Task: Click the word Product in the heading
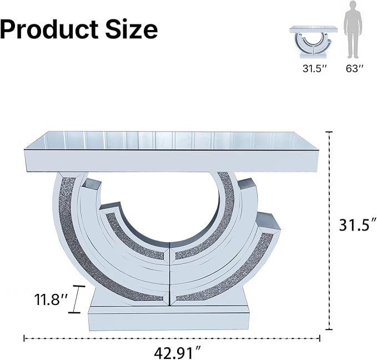click(x=49, y=29)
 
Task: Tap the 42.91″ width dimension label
click(x=178, y=353)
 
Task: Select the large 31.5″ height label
click(x=358, y=225)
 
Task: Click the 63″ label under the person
click(x=354, y=68)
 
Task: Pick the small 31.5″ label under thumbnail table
click(x=315, y=68)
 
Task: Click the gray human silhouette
click(x=353, y=29)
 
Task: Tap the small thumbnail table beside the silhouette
click(x=313, y=42)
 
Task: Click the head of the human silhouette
click(x=353, y=5)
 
